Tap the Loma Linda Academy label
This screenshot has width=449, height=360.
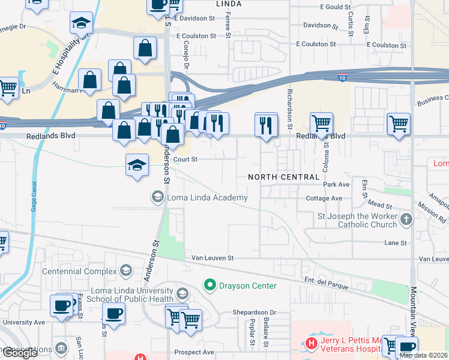pos(207,197)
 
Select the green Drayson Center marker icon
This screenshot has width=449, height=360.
pos(210,285)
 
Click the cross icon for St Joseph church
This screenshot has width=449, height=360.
pos(406,220)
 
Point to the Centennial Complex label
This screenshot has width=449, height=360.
pos(79,271)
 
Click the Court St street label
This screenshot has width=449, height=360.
pos(185,160)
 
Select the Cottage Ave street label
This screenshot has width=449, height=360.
pos(324,199)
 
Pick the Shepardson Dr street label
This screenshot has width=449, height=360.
pos(255,313)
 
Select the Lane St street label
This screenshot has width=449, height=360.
pos(396,243)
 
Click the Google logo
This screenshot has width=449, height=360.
pos(20,353)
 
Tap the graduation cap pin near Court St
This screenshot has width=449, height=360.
pos(137,164)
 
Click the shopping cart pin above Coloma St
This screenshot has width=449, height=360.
pos(321,123)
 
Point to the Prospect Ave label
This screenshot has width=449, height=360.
pos(194,352)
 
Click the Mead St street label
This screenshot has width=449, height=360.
pos(380,205)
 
